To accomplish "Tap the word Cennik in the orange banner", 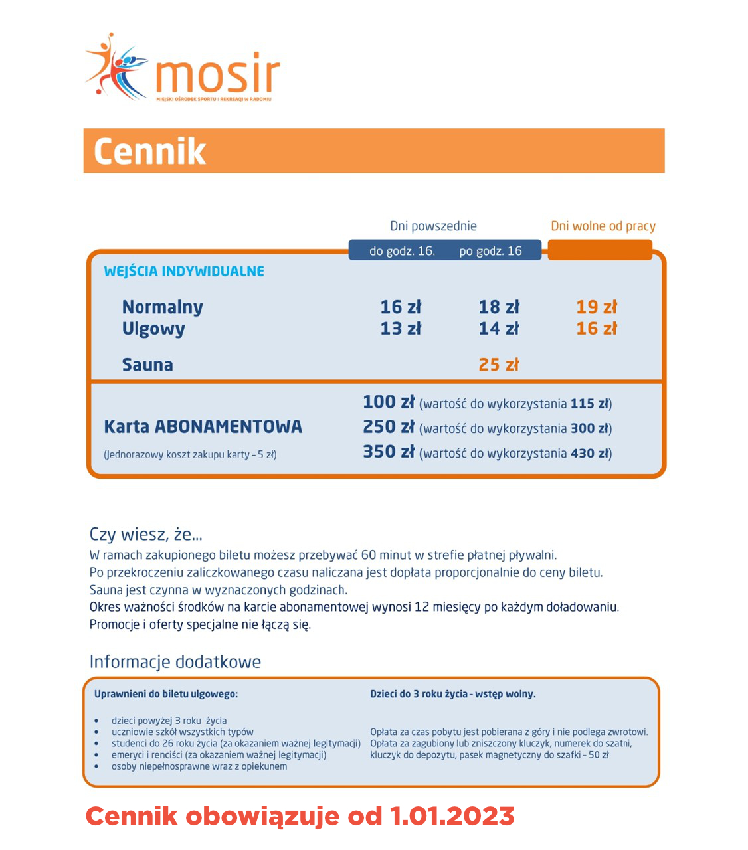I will click(x=149, y=151).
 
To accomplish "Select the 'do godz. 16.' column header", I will click(x=402, y=251).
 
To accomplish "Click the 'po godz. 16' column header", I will click(x=490, y=251).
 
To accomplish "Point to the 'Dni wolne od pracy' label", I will click(x=603, y=226).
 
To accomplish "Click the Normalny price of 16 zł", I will click(x=401, y=307).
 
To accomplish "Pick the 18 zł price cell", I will click(x=499, y=307).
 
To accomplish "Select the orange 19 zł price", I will click(x=596, y=307).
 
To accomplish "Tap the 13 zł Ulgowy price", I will click(x=401, y=329).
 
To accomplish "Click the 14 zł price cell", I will click(x=499, y=329).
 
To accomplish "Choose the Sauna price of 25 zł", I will click(x=499, y=365).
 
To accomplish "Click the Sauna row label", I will click(x=147, y=365).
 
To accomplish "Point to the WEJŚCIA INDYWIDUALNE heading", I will click(x=184, y=271).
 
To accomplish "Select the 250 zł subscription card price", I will click(x=389, y=427).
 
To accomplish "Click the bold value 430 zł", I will click(x=590, y=454).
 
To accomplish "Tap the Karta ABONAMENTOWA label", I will click(x=203, y=426).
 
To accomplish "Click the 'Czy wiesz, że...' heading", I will click(x=146, y=535).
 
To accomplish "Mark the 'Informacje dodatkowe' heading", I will click(x=175, y=662).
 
